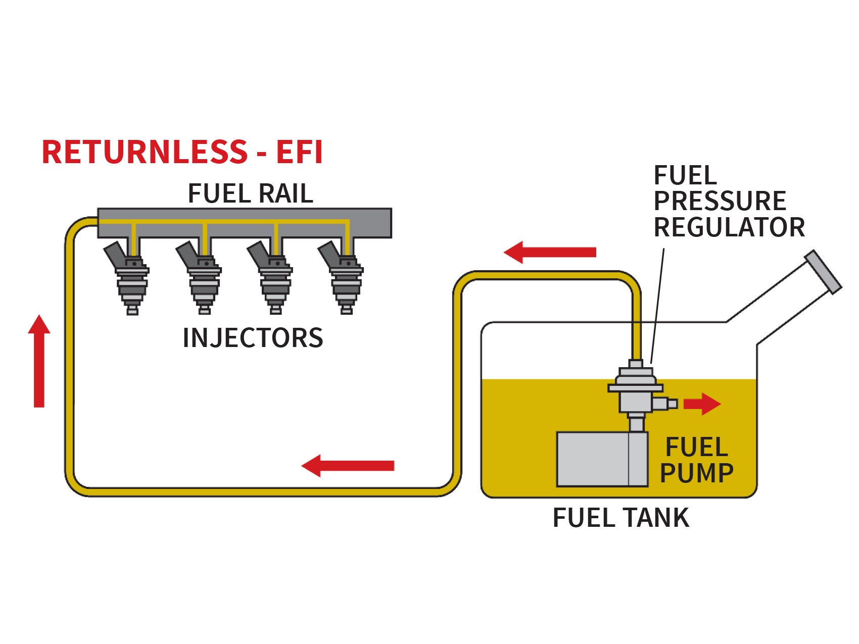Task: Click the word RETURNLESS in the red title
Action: [x=145, y=153]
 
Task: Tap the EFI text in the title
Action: [x=299, y=153]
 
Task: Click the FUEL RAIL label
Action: [x=250, y=194]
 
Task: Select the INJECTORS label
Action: [x=253, y=338]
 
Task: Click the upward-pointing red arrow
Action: [x=39, y=361]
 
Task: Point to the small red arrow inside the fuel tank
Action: [x=701, y=404]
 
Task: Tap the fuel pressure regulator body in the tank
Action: [x=636, y=391]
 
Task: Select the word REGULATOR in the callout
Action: [x=729, y=227]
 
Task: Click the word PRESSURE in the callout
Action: [x=720, y=202]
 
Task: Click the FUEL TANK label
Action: [x=621, y=518]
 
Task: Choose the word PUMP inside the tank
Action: [x=696, y=473]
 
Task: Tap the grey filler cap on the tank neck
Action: [x=823, y=272]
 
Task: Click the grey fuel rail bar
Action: [x=369, y=223]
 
